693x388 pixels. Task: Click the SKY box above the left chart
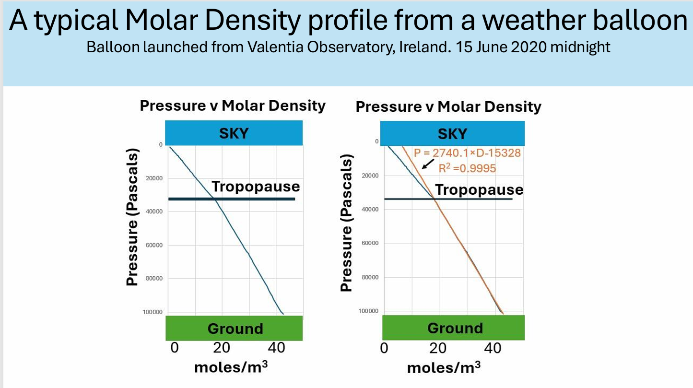coord(234,132)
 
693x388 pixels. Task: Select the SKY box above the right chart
coord(452,133)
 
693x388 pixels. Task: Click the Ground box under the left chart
coord(235,329)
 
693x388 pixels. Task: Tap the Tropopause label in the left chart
coord(256,187)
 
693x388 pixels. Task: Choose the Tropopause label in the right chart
coord(479,189)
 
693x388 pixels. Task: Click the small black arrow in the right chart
coord(428,164)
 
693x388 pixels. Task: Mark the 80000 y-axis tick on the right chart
coord(370,277)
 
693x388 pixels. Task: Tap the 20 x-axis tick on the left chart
coord(221,347)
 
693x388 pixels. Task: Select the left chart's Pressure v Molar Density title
coord(233,106)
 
